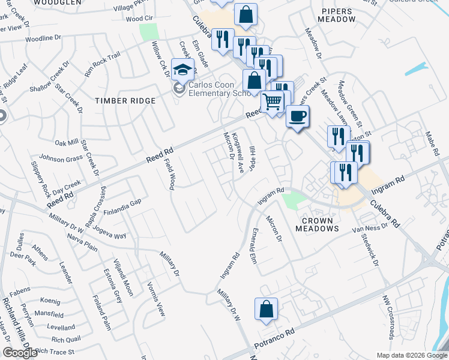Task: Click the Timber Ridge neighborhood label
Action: click(x=125, y=101)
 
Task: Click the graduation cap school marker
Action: click(x=181, y=71)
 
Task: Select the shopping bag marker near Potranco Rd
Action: click(x=266, y=310)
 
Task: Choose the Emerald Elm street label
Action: click(x=253, y=246)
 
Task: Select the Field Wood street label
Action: click(x=170, y=174)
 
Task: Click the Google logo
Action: click(x=20, y=353)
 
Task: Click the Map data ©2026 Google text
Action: click(x=411, y=355)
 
